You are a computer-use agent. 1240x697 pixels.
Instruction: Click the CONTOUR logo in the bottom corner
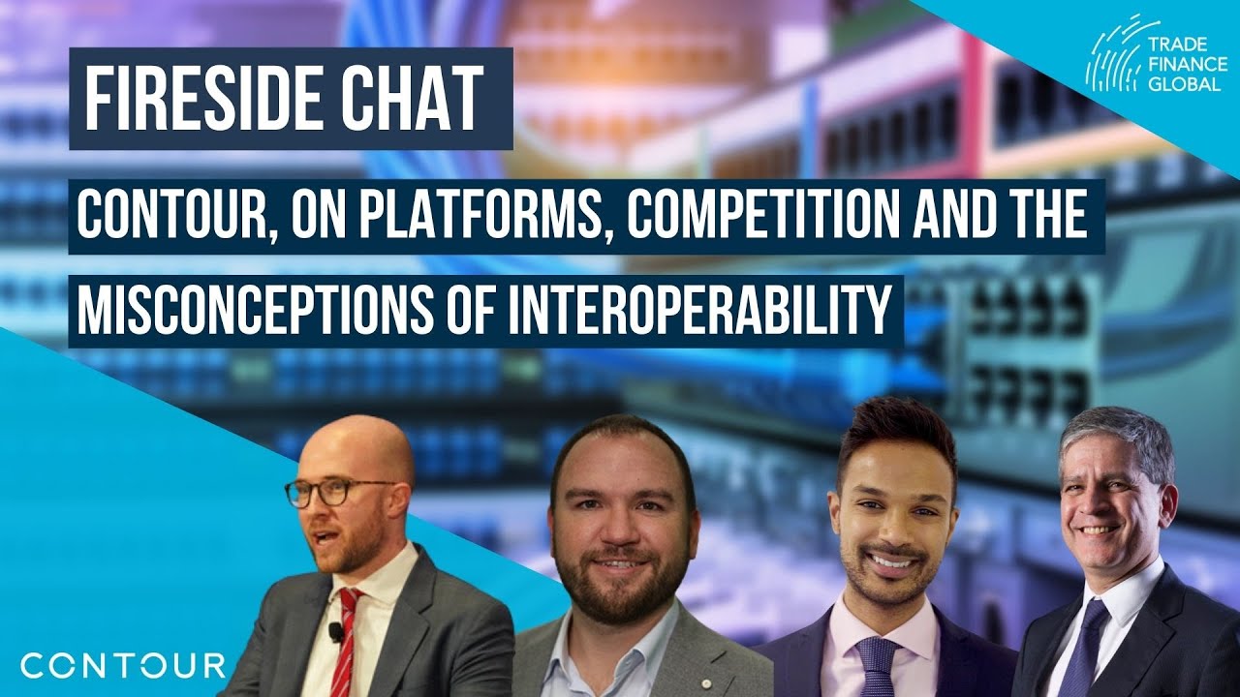pos(123,665)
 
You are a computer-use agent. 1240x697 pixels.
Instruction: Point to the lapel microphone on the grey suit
pos(335,631)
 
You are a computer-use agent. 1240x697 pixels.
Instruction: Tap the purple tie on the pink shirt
pos(879,663)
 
